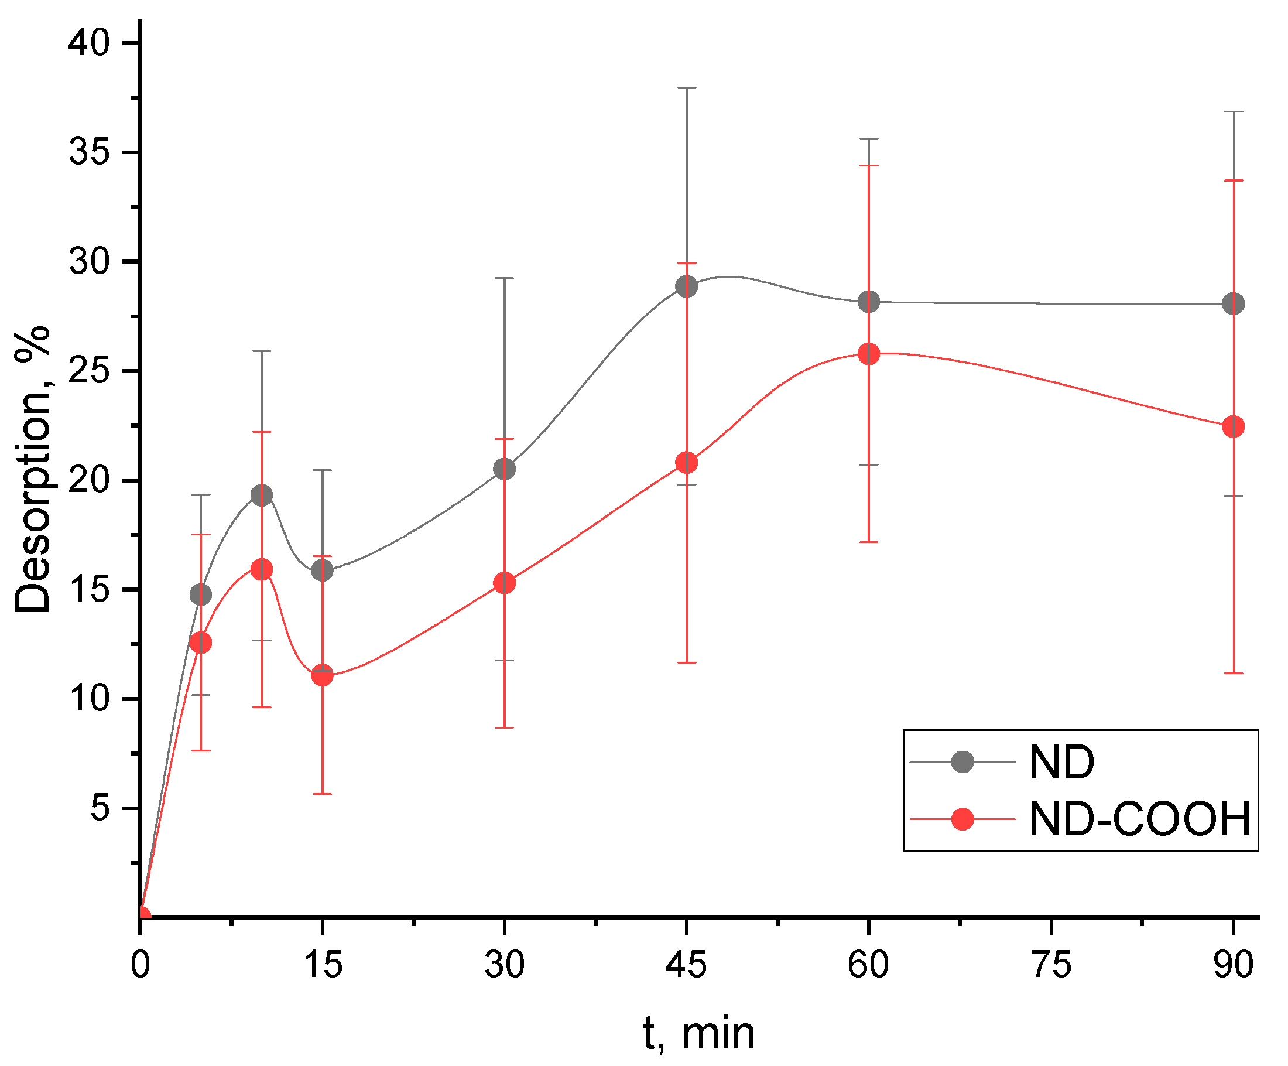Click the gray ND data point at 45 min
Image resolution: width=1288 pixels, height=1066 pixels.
coord(686,286)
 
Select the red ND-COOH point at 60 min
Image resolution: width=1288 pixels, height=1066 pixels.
coord(868,354)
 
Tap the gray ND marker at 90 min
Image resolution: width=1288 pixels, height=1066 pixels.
coord(1234,303)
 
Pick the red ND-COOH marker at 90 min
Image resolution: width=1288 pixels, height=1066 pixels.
coord(1234,426)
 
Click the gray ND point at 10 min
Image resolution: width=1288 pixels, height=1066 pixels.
coord(262,496)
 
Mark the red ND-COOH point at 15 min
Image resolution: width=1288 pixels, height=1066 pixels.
coord(322,675)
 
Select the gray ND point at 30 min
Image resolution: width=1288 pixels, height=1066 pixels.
coord(504,469)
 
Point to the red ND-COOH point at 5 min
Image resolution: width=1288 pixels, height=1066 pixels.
coord(201,643)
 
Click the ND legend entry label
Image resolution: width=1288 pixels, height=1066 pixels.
coord(1061,762)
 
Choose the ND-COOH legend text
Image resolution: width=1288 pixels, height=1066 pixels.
coord(1139,819)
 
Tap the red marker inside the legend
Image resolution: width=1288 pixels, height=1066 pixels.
coord(962,819)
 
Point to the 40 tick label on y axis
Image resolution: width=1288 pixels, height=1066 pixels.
coord(88,43)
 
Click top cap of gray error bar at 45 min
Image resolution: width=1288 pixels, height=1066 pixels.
coord(686,88)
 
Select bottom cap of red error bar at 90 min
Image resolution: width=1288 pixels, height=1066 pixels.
coord(1234,673)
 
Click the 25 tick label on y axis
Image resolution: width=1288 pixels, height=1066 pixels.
coord(88,371)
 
